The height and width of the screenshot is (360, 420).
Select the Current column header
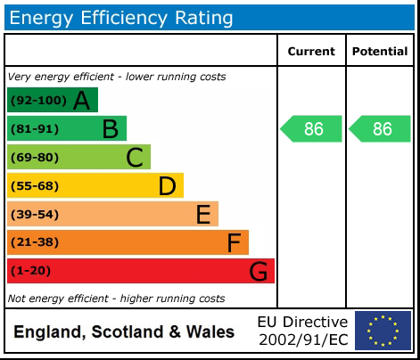pos(311,52)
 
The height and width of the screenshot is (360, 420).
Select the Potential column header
pos(379,52)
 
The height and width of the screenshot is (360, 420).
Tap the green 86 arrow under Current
pos(312,128)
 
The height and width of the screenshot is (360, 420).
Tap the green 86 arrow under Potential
pos(381,128)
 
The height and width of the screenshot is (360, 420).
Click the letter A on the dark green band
pos(81,101)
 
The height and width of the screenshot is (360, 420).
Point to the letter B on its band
pos(110,129)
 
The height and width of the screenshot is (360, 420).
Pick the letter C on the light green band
pos(135,158)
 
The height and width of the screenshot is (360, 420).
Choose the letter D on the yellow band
pos(167,186)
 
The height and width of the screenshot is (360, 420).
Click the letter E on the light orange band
pos(203,215)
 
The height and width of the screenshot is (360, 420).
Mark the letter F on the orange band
pos(234,242)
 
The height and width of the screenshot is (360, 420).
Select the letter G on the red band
pos(258,271)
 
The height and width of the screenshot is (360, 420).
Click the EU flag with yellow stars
pos(383,331)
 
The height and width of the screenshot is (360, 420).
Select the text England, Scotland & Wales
pos(124,332)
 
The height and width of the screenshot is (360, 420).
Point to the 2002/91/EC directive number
pos(302,340)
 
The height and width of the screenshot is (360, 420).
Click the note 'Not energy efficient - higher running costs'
pos(116,299)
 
